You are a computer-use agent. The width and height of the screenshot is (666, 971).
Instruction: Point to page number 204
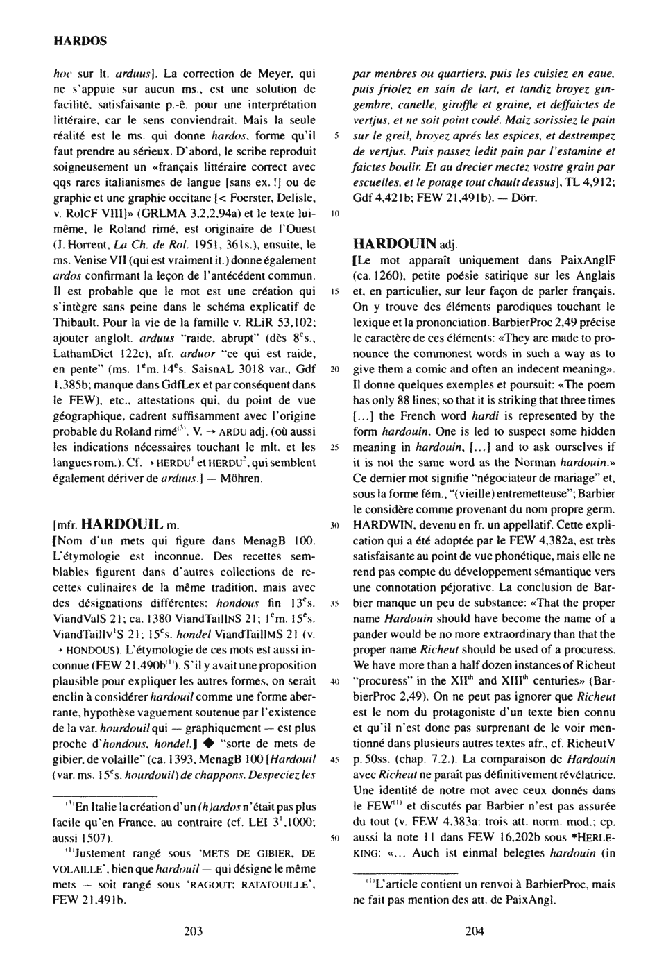(474, 931)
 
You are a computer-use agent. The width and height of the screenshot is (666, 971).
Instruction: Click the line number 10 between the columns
(334, 214)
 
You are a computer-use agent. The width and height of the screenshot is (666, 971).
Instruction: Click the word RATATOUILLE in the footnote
(269, 886)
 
